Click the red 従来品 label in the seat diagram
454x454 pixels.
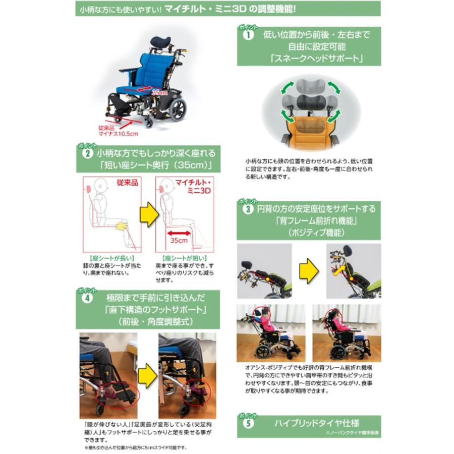tap(127, 183)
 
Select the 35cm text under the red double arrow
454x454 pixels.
tap(178, 241)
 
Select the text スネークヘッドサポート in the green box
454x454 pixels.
tap(309, 58)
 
